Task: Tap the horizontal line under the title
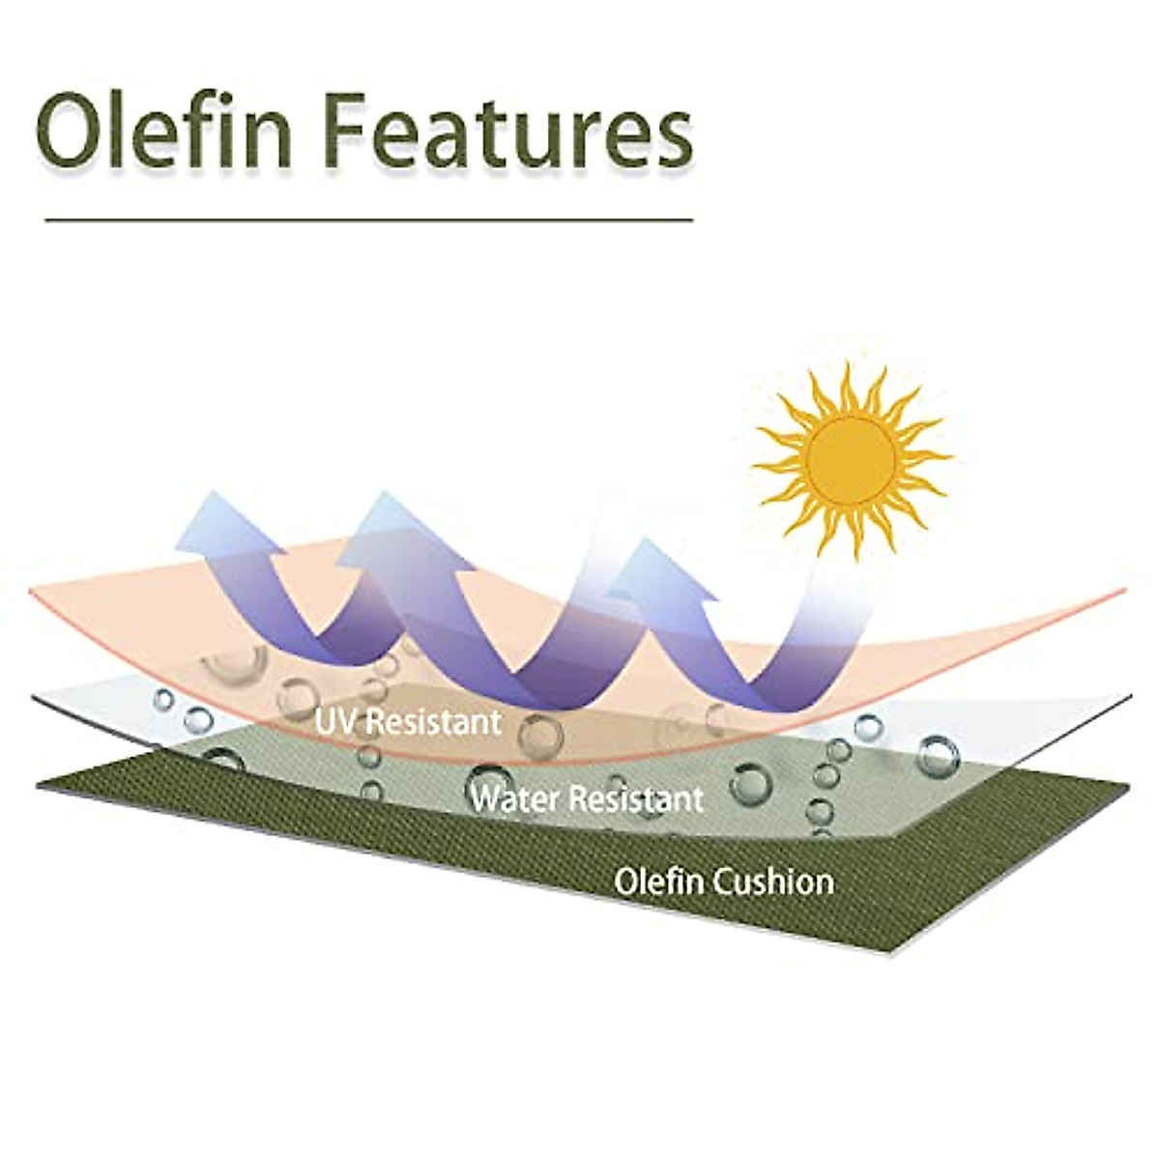[x=369, y=220]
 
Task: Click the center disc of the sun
[x=851, y=461]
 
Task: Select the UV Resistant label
[x=408, y=722]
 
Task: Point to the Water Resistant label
[x=587, y=798]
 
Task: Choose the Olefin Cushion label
[x=724, y=882]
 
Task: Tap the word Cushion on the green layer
[x=772, y=882]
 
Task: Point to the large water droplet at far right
[x=938, y=756]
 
